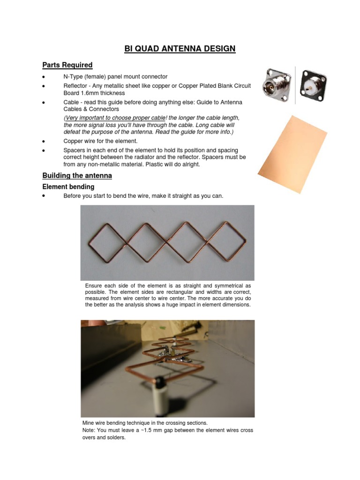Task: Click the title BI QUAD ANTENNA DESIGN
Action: pyautogui.click(x=180, y=49)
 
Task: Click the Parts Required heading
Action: pyautogui.click(x=67, y=65)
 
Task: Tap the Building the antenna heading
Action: pyautogui.click(x=77, y=176)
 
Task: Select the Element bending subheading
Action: pyautogui.click(x=68, y=187)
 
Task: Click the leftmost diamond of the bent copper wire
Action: pyautogui.click(x=107, y=242)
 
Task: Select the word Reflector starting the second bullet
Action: pyautogui.click(x=76, y=86)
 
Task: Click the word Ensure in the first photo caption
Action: pyautogui.click(x=94, y=285)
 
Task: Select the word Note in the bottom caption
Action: pyautogui.click(x=89, y=430)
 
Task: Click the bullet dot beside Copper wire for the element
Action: pyautogui.click(x=44, y=141)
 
